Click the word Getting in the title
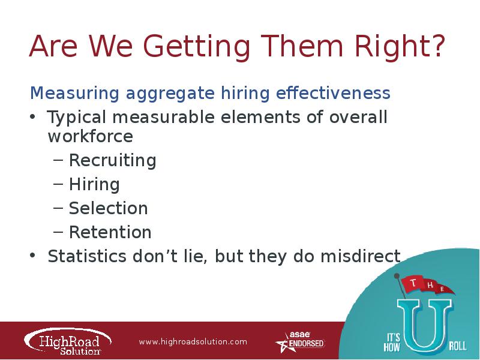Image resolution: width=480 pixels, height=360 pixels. (x=197, y=47)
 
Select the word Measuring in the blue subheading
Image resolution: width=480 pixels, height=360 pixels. (x=74, y=94)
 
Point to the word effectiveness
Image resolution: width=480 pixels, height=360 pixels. (x=333, y=93)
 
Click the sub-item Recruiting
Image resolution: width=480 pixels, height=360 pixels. (x=113, y=160)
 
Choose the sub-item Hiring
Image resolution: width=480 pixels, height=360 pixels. (x=94, y=184)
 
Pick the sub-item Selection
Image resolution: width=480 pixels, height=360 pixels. (x=109, y=208)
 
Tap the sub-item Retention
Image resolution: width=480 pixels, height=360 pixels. (x=110, y=232)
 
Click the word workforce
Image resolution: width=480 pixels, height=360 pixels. (x=91, y=136)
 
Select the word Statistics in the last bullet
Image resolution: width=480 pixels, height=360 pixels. (x=87, y=256)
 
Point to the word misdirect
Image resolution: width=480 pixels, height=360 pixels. (x=361, y=256)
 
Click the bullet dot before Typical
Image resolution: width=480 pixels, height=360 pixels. (x=33, y=117)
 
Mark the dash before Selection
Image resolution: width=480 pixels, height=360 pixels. (x=58, y=208)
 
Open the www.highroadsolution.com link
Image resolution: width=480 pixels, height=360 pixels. (x=193, y=341)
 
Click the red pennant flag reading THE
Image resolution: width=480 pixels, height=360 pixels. (x=427, y=285)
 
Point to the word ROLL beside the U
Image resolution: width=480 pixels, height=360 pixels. (x=458, y=346)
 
